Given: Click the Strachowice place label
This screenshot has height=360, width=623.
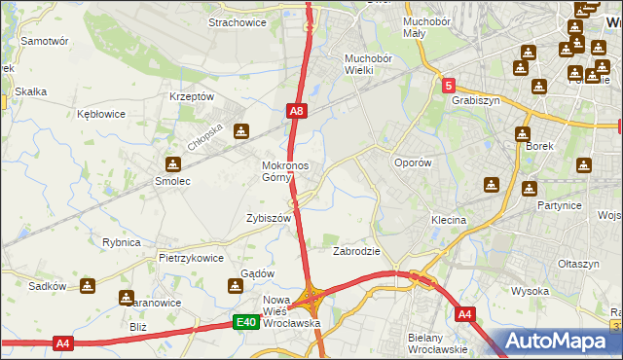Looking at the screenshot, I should coord(238,20).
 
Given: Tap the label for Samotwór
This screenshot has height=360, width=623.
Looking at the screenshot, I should coord(44,42).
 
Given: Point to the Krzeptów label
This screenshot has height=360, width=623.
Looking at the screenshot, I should coord(191,97).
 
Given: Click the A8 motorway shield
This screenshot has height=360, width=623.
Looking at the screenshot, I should coord(298,112).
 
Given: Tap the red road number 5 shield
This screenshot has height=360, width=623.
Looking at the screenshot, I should coord(448,86).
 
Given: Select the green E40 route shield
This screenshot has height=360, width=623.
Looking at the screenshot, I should coord(245,323).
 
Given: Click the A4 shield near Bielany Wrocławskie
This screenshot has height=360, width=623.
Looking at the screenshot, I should coord(464,313).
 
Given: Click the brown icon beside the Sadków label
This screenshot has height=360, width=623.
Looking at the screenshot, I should coord(89,286).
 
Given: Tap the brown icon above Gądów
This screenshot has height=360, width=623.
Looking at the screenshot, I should coord(235,286).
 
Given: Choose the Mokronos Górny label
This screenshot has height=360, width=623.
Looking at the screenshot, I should coord(285,171).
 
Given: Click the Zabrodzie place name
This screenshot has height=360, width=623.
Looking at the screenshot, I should coord(356,251).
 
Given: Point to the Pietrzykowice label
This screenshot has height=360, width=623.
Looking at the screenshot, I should coord(192,259).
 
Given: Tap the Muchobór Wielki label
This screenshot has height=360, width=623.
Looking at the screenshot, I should coord(367,63).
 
